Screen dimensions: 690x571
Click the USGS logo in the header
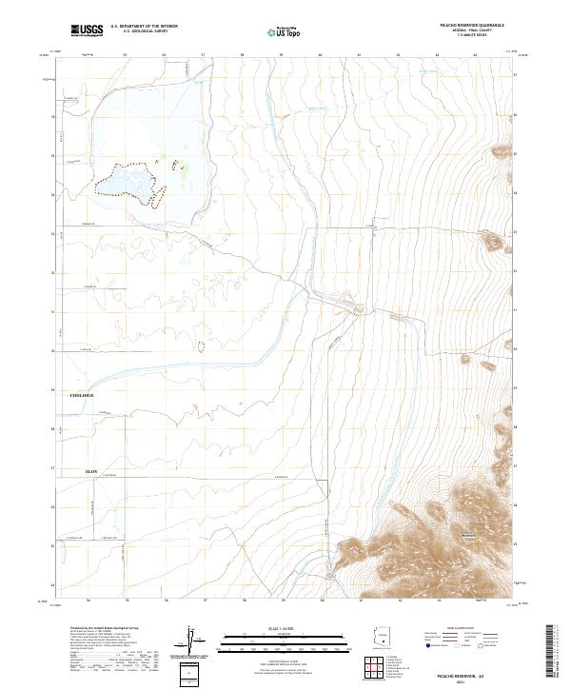pyautogui.click(x=87, y=30)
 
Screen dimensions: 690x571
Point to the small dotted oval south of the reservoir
pyautogui.click(x=200, y=346)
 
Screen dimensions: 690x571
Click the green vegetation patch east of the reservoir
pyautogui.click(x=184, y=168)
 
